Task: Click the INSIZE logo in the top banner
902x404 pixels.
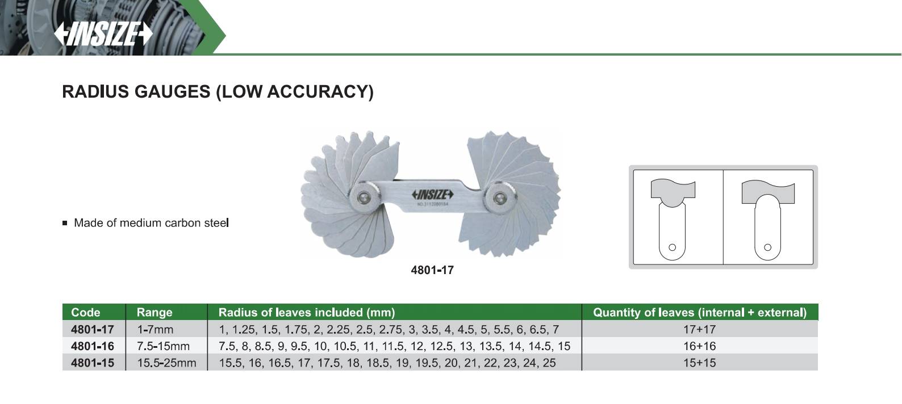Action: [x=103, y=34]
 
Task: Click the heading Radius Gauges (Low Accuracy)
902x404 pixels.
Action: [x=218, y=92]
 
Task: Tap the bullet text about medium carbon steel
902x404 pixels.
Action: [x=151, y=223]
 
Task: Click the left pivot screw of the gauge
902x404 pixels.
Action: [x=365, y=197]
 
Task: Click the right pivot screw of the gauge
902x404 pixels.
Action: [x=500, y=197]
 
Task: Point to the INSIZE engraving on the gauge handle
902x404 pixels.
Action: [x=433, y=195]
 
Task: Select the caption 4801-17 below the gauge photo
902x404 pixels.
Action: [x=432, y=270]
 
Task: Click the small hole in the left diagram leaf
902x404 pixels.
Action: [x=672, y=247]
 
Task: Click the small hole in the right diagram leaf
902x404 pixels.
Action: [x=767, y=247]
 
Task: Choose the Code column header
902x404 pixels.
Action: [x=85, y=312]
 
